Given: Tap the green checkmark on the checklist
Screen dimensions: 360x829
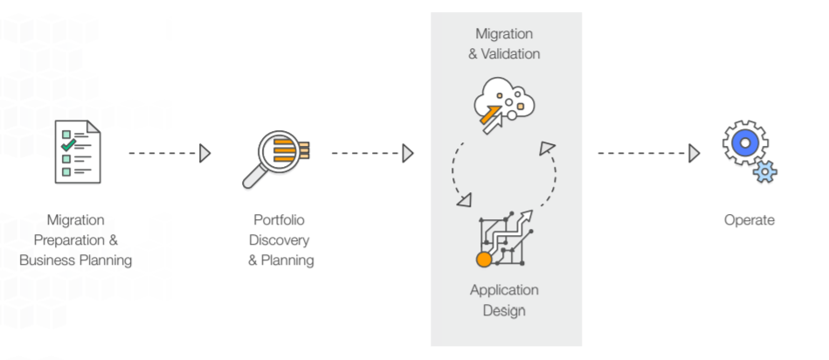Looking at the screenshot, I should [66, 136].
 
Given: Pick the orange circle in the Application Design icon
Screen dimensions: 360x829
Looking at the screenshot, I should [483, 260].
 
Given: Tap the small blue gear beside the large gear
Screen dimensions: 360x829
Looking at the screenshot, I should [765, 172].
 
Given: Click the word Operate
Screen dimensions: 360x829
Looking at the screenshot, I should [749, 220].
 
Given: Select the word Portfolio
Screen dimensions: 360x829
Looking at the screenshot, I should [279, 220].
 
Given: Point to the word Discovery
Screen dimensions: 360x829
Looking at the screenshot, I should [279, 240].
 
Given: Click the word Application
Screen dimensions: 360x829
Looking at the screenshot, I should [504, 289].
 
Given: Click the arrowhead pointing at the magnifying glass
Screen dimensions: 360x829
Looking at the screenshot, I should [205, 154].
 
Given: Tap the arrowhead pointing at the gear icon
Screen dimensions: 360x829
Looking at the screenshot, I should [694, 154].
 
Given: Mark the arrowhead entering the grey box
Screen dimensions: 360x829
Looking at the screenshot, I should [408, 154].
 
